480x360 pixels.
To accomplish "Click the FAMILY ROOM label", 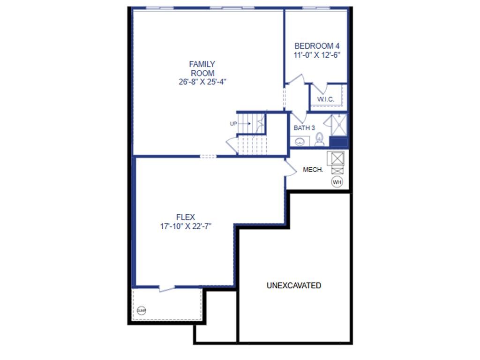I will pyautogui.click(x=202, y=68).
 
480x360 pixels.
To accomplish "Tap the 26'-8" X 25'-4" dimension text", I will pyautogui.click(x=202, y=81).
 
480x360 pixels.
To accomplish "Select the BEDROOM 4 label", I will pyautogui.click(x=316, y=46).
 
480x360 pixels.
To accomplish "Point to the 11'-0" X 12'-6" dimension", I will pyautogui.click(x=316, y=54).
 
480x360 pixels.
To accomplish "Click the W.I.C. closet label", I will pyautogui.click(x=326, y=99).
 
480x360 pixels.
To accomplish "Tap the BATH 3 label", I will pyautogui.click(x=304, y=127).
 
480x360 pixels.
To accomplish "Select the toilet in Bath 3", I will pyautogui.click(x=319, y=139).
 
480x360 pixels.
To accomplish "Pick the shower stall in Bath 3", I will pyautogui.click(x=338, y=124).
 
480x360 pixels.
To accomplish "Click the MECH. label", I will pyautogui.click(x=313, y=170).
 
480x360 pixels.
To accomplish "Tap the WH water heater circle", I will pyautogui.click(x=337, y=181).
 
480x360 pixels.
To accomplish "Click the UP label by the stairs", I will pyautogui.click(x=233, y=124).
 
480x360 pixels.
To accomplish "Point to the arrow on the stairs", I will pyautogui.click(x=246, y=124).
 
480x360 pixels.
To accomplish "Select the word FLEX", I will pyautogui.click(x=186, y=217).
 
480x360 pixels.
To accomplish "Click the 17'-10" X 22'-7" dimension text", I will pyautogui.click(x=186, y=226).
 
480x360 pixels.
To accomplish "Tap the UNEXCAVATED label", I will pyautogui.click(x=294, y=285).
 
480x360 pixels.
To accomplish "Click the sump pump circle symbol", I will pyautogui.click(x=142, y=310).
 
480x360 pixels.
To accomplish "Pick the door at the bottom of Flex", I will pyautogui.click(x=167, y=288).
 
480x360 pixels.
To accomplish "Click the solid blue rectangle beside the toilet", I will pyautogui.click(x=338, y=142).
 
